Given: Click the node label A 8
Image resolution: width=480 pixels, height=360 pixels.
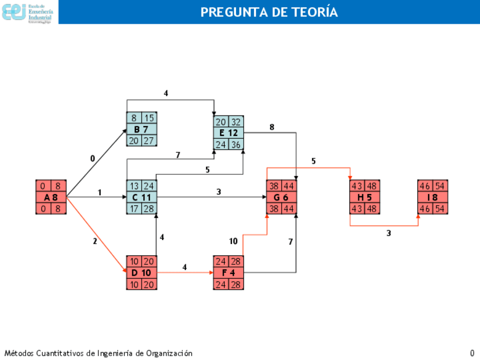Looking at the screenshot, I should tap(51, 198).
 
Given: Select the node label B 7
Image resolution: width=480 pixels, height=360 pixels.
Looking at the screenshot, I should tap(142, 129).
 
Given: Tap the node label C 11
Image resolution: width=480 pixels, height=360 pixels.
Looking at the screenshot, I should tap(142, 198).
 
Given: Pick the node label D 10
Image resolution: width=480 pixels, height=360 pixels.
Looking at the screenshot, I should tap(142, 273).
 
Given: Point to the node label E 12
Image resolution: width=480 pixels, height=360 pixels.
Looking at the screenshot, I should tap(229, 133).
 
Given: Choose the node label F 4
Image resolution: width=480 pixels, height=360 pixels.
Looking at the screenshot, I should tap(229, 273).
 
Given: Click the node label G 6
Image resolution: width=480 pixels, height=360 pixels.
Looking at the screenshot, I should tap(281, 198).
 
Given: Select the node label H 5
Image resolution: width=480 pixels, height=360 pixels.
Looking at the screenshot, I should tap(365, 198).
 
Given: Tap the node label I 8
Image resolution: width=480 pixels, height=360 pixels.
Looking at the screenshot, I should tap(433, 198).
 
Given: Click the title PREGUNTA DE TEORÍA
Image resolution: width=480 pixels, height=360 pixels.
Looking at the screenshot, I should tap(269, 12).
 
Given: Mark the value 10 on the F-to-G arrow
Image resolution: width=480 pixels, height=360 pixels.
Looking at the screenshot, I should tap(233, 242).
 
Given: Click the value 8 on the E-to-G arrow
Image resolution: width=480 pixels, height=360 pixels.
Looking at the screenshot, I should tap(272, 127).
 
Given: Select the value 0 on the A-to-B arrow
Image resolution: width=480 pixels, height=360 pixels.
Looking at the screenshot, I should tap(93, 159).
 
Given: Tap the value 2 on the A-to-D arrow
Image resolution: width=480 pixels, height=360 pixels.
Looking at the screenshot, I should tap(95, 242).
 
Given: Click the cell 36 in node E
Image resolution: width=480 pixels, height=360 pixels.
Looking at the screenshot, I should tap(236, 144).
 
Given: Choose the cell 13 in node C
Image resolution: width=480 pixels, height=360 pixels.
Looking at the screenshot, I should tap(134, 186).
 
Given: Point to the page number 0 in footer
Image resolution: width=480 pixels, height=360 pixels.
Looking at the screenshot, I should tap(472, 353).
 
